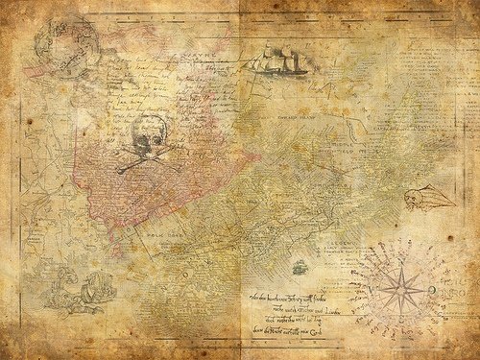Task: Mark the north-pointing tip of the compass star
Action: [x=396, y=248]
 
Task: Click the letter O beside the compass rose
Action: [x=433, y=289]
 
